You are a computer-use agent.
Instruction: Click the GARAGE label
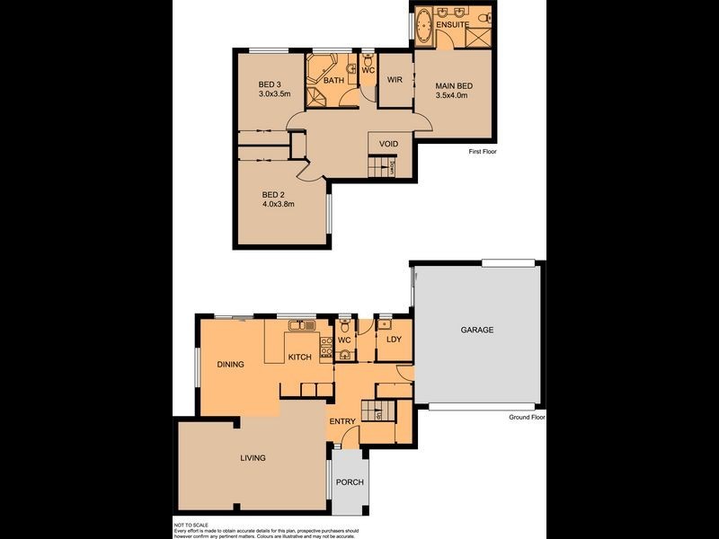[x=477, y=331]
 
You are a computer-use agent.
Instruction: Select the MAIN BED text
[x=454, y=85]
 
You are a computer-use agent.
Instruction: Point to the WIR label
[x=394, y=80]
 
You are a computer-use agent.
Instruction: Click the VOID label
[x=388, y=144]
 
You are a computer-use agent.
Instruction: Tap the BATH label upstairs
[x=333, y=81]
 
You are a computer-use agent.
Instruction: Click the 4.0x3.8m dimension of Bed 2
[x=279, y=204]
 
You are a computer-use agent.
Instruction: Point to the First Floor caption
[x=483, y=152]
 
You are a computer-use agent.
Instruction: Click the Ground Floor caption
[x=528, y=417]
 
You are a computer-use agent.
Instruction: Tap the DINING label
[x=231, y=365]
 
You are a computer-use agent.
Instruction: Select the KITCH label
[x=299, y=358]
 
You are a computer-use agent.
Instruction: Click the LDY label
[x=393, y=340]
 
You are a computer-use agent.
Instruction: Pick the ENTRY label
[x=342, y=421]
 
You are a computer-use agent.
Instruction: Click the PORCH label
[x=350, y=482]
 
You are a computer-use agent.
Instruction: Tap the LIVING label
[x=253, y=458]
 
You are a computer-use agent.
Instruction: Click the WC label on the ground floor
[x=343, y=341]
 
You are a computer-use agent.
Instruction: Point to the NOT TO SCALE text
[x=190, y=524]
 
